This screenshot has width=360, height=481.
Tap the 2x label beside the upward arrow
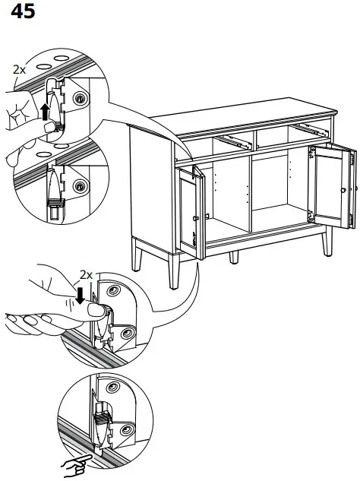pos(20,68)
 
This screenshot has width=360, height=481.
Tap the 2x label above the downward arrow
pos(87,274)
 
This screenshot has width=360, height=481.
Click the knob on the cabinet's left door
pos(197,219)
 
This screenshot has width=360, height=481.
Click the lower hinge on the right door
pos(312,216)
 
